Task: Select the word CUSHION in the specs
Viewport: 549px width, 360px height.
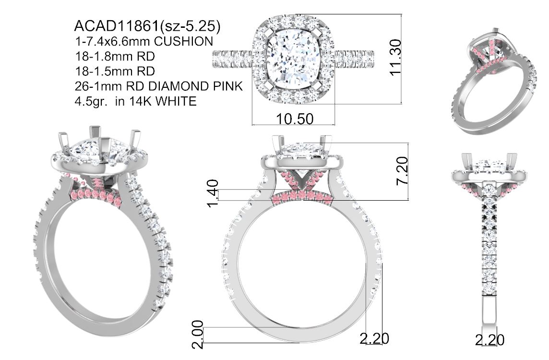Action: tap(183, 41)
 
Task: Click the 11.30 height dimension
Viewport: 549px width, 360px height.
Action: tap(395, 57)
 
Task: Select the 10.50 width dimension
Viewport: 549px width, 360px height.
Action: tap(295, 119)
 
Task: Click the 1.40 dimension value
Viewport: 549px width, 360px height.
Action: tap(213, 193)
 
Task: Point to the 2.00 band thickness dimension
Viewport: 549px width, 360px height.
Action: tap(198, 335)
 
